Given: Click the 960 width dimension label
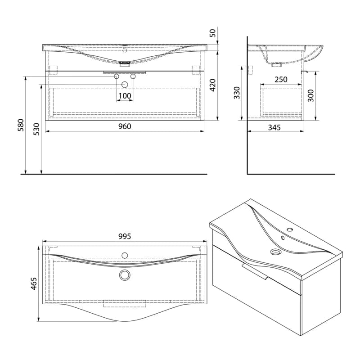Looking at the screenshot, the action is point(125,126).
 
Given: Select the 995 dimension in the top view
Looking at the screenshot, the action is point(125,236).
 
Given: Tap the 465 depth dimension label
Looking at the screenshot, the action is point(34,284).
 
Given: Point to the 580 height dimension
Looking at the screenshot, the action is point(21,125).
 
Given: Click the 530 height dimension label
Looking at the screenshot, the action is point(36,129).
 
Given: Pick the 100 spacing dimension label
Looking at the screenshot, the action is point(125,96).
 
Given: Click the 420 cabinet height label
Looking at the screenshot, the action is point(213,85).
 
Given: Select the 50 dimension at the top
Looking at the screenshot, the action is point(213,33).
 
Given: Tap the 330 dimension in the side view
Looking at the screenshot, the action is point(237,93).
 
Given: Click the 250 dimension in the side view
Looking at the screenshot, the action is point(281,80).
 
